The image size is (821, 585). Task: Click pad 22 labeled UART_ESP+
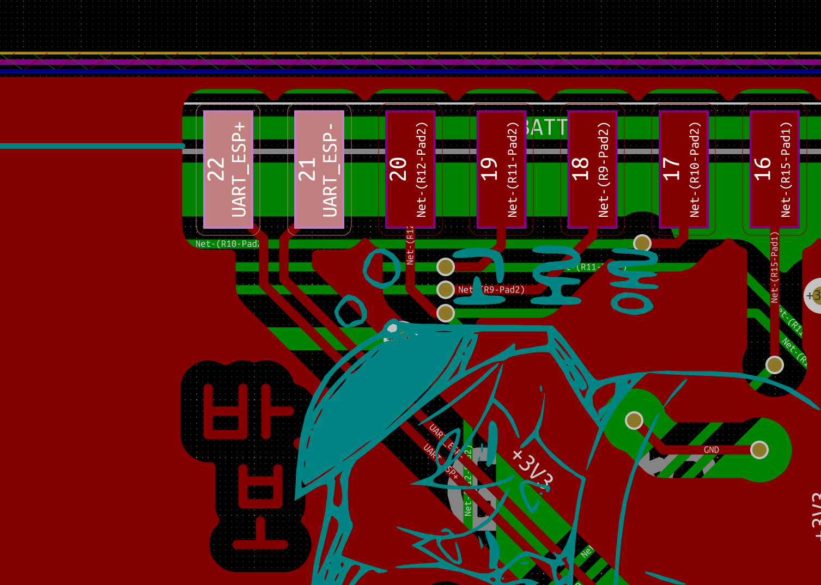pos(228,169)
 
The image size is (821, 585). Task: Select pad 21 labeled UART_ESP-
pos(319,169)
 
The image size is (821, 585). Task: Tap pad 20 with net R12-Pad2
pos(410,169)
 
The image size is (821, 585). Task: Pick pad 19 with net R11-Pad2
pos(501,169)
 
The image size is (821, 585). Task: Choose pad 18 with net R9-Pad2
pos(592,169)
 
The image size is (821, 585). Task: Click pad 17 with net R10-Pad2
pos(683,169)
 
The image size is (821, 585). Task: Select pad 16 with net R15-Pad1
pos(774,169)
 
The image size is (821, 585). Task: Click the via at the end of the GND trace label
pos(759,450)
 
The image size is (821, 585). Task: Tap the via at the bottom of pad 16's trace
pos(775,365)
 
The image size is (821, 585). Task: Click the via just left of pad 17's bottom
pos(642,243)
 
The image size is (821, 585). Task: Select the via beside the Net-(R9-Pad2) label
pos(446,290)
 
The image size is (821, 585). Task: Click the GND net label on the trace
pos(711,450)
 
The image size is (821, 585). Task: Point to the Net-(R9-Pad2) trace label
pos(491,290)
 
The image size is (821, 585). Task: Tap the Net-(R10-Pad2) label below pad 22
pos(227,244)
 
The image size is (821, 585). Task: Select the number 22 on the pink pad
pos(216,169)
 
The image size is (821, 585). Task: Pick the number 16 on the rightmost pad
pos(763,169)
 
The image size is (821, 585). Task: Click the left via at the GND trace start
pos(634,421)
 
